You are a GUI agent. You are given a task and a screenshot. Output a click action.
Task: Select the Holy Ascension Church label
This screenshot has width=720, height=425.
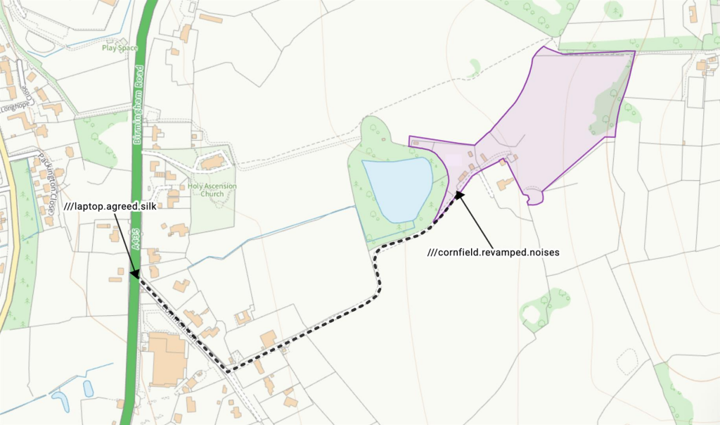(x=212, y=190)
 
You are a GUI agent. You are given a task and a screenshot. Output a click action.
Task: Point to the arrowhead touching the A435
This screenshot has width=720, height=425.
(x=134, y=273)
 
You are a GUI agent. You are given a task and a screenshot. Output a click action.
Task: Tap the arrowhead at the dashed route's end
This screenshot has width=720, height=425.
(x=460, y=194)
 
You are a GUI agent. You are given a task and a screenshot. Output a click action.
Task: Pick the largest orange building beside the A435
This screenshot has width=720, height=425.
(x=166, y=359)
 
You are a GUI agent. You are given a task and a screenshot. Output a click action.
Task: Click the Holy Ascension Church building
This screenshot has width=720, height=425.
(x=212, y=163)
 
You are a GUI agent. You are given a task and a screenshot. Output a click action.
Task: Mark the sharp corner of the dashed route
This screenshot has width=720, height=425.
(x=228, y=369)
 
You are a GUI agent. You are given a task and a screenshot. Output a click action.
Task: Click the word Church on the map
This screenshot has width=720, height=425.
(x=212, y=194)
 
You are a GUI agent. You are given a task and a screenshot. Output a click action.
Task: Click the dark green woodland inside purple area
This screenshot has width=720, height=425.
(x=606, y=106)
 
